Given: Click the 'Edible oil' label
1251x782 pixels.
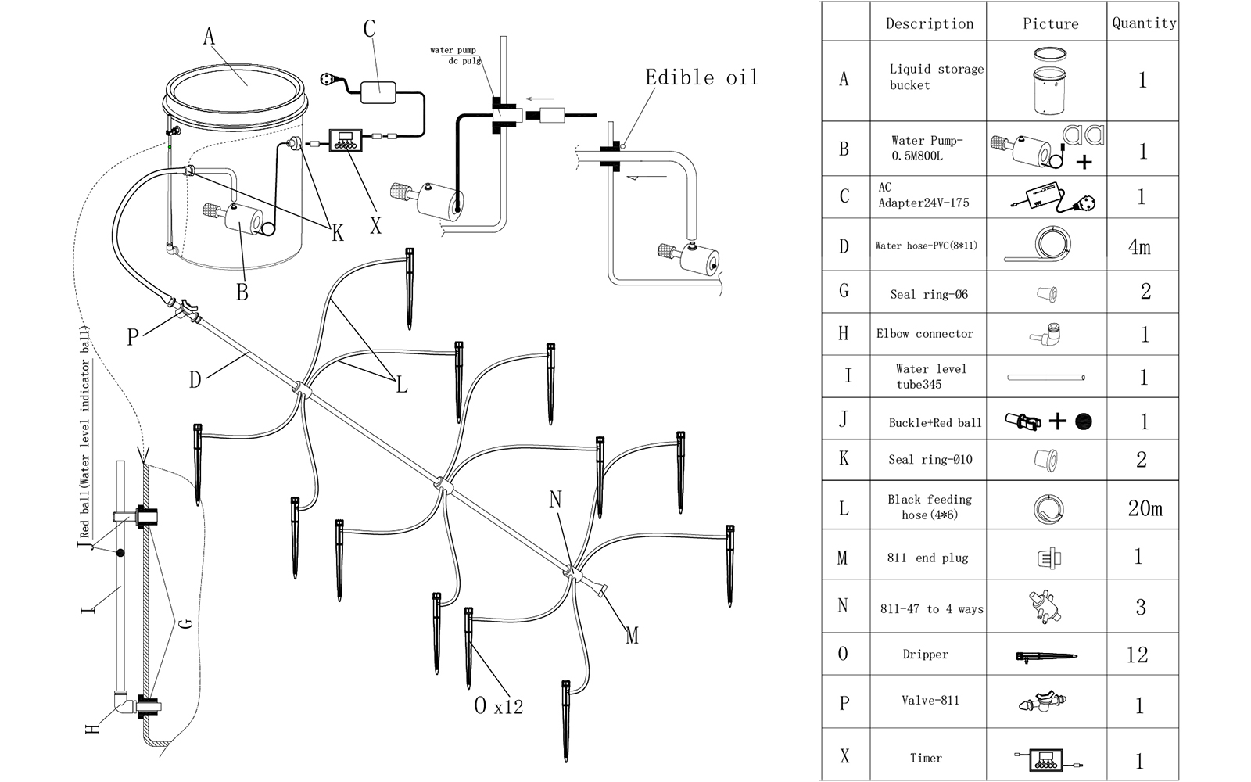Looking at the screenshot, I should [x=701, y=77].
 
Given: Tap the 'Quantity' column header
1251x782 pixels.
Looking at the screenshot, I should [x=1144, y=23].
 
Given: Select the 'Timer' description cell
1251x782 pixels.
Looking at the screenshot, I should [x=926, y=758].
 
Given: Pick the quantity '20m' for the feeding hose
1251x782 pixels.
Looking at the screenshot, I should [x=1145, y=508].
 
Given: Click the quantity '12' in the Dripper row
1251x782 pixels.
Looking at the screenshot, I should [x=1138, y=655].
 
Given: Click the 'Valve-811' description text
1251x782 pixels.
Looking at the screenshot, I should [x=930, y=700].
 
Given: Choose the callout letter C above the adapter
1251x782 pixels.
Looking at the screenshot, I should [x=370, y=30].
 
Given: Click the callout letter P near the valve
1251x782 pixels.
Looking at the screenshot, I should [x=133, y=337].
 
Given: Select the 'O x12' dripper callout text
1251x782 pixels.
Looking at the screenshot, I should [x=498, y=706].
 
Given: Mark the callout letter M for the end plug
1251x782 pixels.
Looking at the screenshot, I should [x=632, y=636].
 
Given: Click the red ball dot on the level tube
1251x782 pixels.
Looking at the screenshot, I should [x=120, y=554].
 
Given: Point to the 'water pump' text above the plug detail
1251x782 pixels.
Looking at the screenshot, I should [x=453, y=51].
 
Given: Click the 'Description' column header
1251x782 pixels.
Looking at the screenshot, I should [x=930, y=23].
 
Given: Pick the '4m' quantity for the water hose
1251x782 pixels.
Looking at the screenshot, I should [x=1139, y=247].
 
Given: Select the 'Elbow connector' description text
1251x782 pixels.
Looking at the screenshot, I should [x=925, y=334].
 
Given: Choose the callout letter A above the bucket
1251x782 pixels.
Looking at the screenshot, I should [x=209, y=36].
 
